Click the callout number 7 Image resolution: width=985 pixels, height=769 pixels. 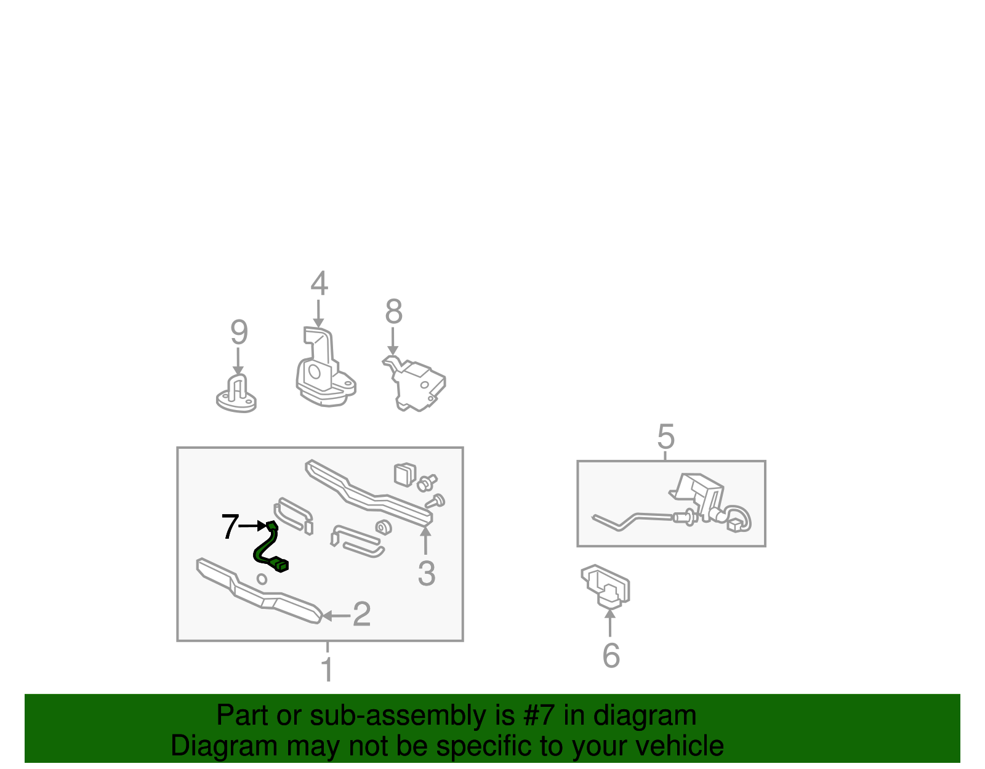(x=230, y=526)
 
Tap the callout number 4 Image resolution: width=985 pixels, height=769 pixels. (x=319, y=283)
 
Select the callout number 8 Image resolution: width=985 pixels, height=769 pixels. (x=393, y=312)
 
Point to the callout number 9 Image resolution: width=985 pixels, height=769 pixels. (x=239, y=332)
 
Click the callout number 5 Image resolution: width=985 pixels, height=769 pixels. (x=665, y=437)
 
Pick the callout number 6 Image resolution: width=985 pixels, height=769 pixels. (x=611, y=655)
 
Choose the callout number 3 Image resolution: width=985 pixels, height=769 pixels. (x=427, y=574)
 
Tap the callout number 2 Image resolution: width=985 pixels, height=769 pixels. (x=361, y=614)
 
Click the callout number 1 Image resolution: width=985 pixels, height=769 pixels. (x=328, y=669)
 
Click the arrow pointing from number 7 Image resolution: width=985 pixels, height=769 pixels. (x=252, y=526)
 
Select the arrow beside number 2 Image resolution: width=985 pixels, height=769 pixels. (x=336, y=616)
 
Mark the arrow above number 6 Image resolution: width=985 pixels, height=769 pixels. (x=610, y=622)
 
